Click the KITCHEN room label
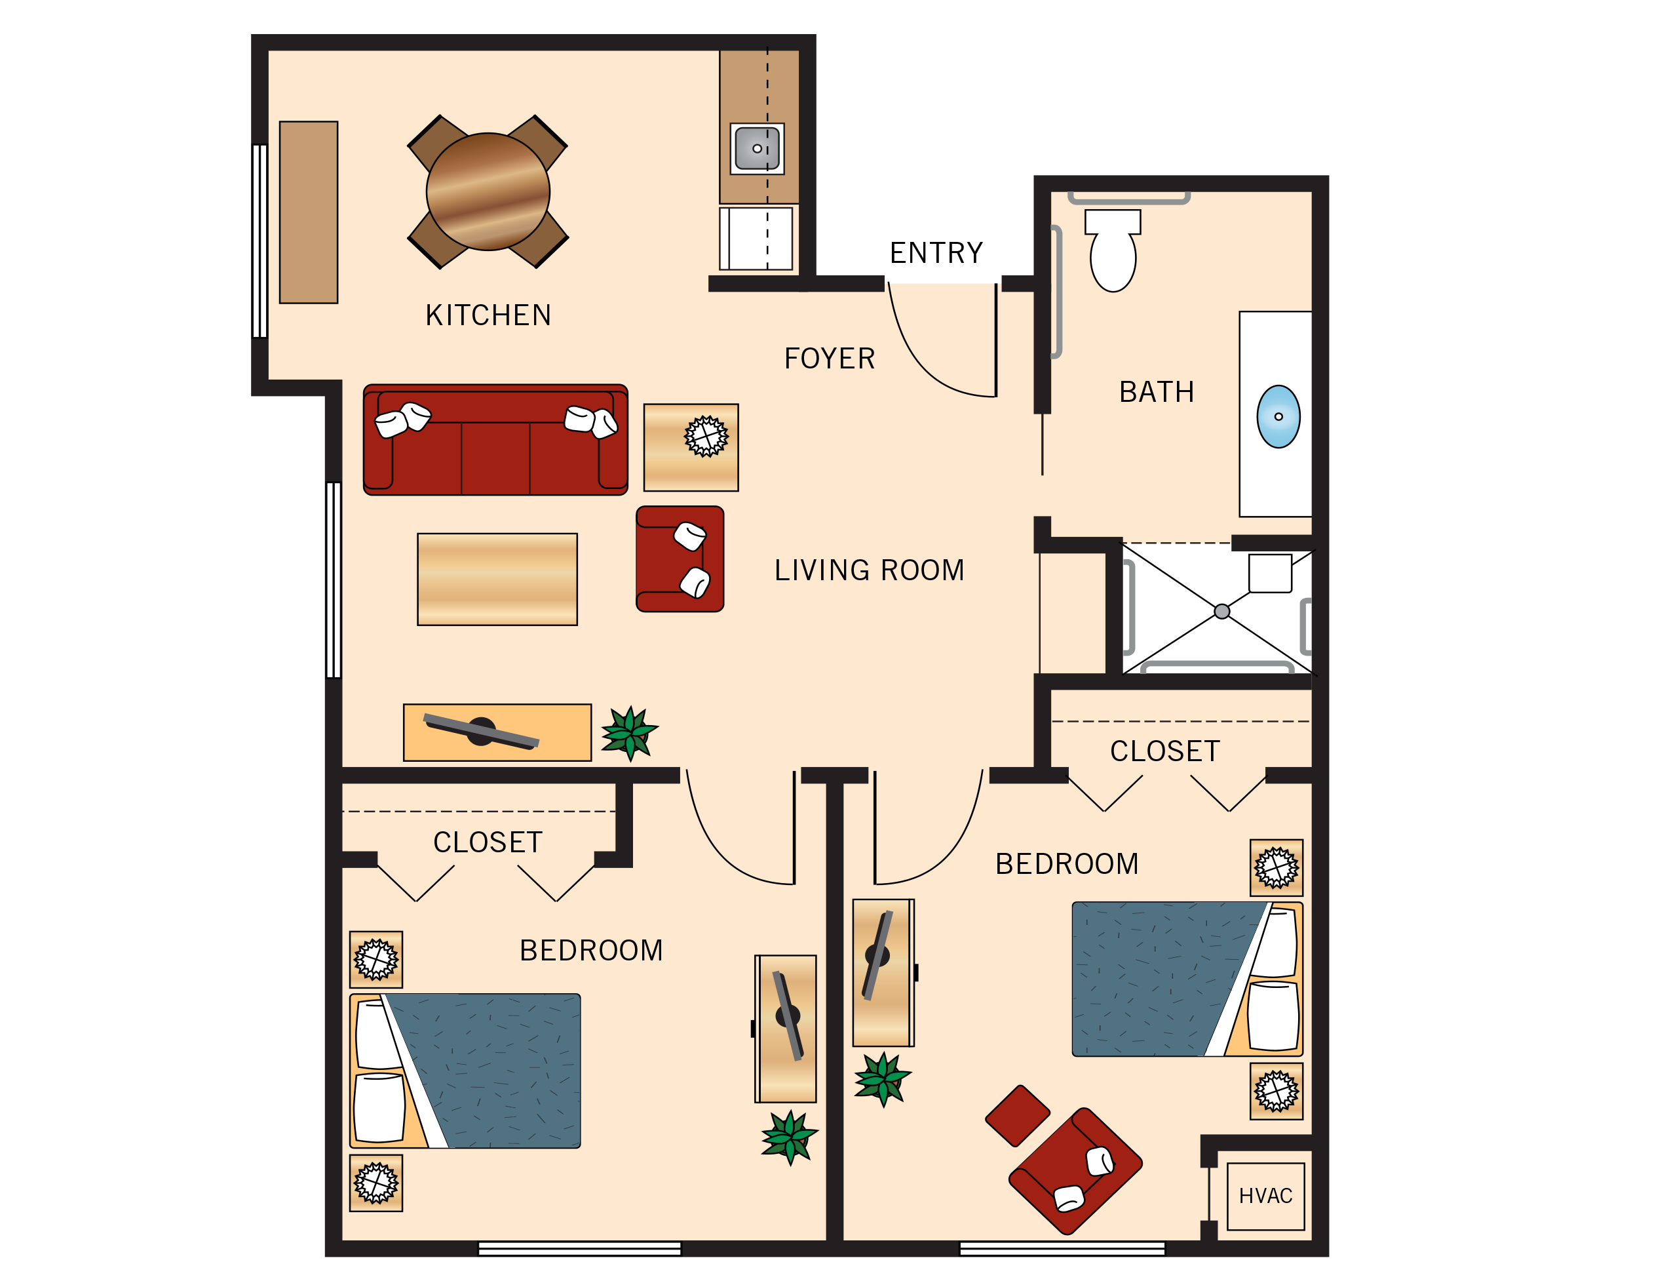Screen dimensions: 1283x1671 488,315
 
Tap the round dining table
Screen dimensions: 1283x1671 488,191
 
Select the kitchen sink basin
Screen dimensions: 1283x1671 756,148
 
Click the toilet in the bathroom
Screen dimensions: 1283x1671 1112,256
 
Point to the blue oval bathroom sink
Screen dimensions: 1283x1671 1278,416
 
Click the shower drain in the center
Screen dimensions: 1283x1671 1221,611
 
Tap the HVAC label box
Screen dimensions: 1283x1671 1265,1196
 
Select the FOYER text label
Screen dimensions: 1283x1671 829,359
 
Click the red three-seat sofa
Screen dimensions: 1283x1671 495,441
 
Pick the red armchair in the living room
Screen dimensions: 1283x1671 679,559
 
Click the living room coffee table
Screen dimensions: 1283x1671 497,579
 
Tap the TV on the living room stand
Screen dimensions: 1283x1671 481,732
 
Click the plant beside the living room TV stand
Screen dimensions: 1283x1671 629,732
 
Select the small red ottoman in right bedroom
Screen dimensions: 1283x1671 1017,1116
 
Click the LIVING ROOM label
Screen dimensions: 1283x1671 869,570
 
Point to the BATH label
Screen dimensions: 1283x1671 1156,392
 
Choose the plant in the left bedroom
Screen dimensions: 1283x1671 790,1136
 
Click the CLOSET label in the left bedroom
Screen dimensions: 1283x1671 487,842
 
